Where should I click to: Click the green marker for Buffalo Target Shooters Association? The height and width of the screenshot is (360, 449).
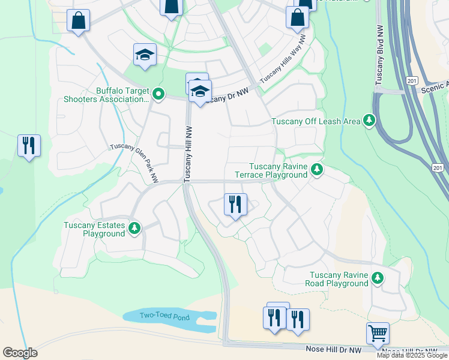click(x=158, y=94)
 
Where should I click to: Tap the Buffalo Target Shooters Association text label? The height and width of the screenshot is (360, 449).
click(x=114, y=96)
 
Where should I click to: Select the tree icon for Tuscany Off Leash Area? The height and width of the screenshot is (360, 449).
click(x=370, y=121)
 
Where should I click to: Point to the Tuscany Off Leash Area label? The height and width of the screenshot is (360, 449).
click(x=316, y=121)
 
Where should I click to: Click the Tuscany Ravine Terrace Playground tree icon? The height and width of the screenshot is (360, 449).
click(x=317, y=170)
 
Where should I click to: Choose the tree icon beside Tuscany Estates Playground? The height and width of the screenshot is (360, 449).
click(x=135, y=229)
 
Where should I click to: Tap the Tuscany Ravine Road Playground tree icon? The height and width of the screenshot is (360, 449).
click(x=378, y=278)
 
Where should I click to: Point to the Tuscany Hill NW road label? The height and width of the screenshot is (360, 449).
click(x=188, y=154)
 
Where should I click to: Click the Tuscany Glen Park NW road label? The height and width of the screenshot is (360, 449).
click(x=134, y=164)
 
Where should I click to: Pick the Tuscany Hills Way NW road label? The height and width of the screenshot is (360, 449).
click(x=283, y=59)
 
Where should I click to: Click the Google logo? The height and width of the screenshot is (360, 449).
click(x=20, y=353)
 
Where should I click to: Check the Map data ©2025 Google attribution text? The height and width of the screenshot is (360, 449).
click(x=412, y=355)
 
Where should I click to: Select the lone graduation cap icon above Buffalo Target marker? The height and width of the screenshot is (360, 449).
click(x=145, y=55)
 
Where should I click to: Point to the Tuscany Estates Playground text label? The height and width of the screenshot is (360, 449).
click(x=95, y=230)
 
